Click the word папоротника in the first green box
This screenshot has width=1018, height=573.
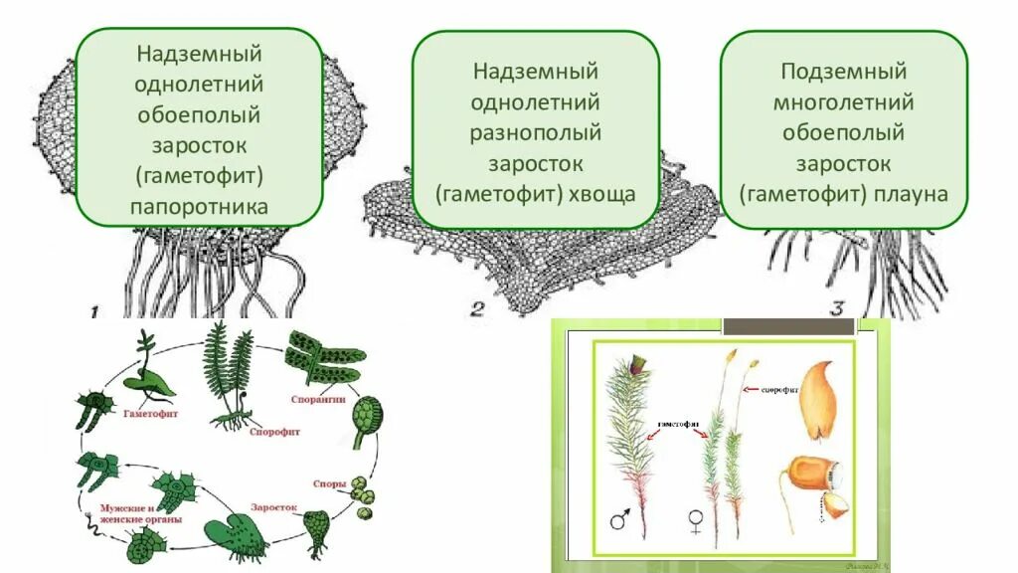coord(200,208)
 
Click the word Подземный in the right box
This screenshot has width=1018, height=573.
coord(843,72)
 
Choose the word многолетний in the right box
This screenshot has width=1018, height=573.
coord(843,102)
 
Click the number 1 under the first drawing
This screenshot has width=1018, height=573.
coord(94,312)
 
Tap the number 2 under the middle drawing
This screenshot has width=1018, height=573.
coord(477,309)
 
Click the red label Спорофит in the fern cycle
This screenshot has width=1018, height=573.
coord(277,433)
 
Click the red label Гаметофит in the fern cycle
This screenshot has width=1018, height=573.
coord(151,412)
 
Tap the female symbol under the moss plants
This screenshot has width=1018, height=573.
coord(695,521)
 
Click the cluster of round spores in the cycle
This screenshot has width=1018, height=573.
coord(364,493)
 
